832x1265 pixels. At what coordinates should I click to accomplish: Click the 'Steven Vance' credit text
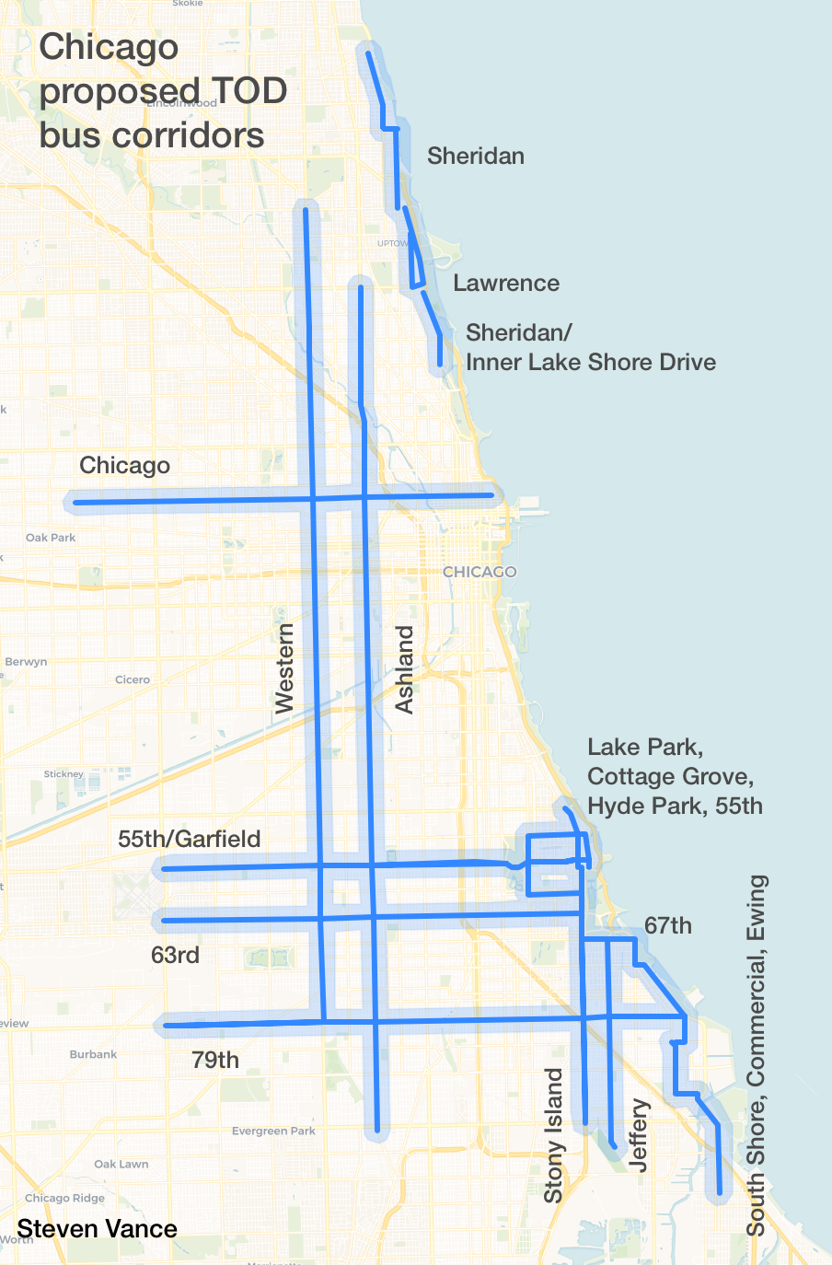tap(97, 1229)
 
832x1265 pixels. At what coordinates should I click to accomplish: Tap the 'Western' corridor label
tap(285, 667)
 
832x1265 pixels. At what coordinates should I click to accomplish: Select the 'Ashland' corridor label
tap(404, 669)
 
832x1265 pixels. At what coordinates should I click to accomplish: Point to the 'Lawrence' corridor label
tap(506, 283)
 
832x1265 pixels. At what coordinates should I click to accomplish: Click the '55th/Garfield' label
tap(190, 839)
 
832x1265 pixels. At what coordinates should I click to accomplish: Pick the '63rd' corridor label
tap(175, 955)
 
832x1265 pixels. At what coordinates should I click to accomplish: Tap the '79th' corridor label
tap(215, 1060)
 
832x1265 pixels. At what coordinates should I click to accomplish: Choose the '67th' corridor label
tap(668, 925)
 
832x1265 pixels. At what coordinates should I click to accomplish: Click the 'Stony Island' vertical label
tap(553, 1135)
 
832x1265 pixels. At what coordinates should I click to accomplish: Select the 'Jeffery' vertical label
tap(639, 1134)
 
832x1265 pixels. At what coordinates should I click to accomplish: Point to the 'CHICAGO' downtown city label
tap(480, 572)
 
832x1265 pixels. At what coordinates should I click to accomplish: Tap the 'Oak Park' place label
tap(51, 538)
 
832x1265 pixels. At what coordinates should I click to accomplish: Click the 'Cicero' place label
tap(133, 679)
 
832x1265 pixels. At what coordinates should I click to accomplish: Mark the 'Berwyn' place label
tap(26, 662)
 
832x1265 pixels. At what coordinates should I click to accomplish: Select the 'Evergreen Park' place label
tap(273, 1131)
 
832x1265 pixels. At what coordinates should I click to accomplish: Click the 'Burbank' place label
tap(93, 1054)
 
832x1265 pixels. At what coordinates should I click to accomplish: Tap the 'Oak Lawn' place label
tap(121, 1164)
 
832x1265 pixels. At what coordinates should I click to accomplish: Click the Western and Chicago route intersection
tap(313, 499)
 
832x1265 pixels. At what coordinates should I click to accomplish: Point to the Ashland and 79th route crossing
tap(376, 1021)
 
